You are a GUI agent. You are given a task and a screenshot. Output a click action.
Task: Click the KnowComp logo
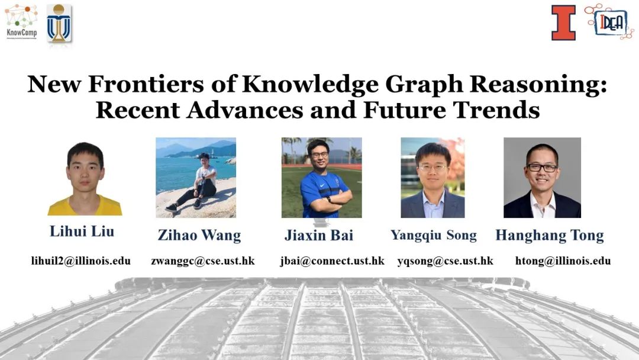21,21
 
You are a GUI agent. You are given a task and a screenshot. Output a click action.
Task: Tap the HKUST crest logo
59,23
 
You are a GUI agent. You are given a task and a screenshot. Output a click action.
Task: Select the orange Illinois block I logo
564,23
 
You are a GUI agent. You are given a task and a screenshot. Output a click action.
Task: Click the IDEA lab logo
609,21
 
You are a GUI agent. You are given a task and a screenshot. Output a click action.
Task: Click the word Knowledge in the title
310,84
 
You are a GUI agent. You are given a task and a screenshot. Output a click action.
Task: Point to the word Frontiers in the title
146,84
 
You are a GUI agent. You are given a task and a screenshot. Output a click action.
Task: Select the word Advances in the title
246,110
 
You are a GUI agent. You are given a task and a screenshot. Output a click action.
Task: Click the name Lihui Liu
82,231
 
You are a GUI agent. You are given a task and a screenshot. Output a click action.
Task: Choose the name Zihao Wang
199,235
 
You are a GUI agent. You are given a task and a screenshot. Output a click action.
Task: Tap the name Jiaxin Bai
319,235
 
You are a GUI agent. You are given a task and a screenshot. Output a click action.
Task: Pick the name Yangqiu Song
434,235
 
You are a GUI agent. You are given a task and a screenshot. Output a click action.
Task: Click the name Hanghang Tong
550,235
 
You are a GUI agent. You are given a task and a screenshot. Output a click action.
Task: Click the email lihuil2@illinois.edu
80,261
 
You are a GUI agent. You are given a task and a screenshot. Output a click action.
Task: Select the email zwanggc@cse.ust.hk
203,261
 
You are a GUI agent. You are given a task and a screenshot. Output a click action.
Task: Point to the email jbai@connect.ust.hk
332,261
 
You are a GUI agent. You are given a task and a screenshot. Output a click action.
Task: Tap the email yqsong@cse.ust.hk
446,261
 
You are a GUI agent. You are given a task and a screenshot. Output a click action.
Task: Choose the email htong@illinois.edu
563,261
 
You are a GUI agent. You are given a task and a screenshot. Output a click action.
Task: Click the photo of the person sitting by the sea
196,178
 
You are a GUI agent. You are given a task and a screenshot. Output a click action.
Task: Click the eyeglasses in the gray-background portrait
542,168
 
